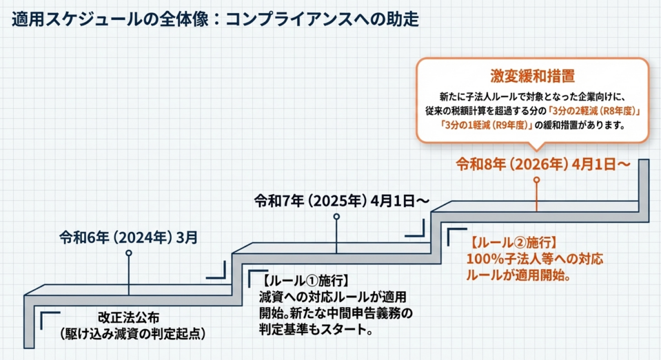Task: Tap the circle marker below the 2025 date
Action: click(336, 217)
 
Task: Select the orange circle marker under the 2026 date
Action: click(536, 181)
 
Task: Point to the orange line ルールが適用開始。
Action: click(521, 276)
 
